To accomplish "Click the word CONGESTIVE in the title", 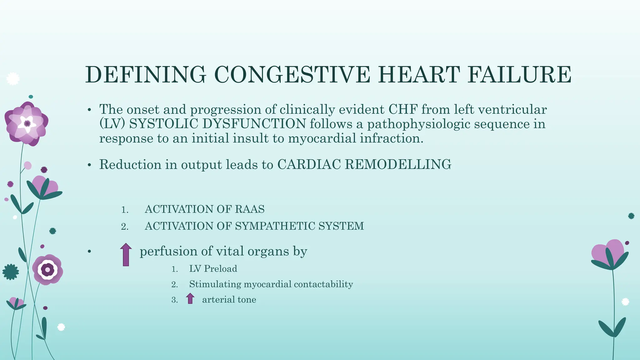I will (x=292, y=75).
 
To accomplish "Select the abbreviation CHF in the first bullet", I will (x=403, y=109).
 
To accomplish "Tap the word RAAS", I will (x=249, y=209).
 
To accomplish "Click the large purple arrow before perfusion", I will (x=126, y=254).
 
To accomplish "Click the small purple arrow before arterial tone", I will (x=190, y=298).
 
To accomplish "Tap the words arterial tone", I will (x=229, y=300).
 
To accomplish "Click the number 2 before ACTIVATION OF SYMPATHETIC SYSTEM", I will (x=124, y=226).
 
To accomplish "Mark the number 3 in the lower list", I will (x=174, y=300).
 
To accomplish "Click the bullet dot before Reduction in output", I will (x=89, y=165).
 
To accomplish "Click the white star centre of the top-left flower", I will (x=27, y=124).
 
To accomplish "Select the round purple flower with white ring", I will (x=47, y=269).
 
